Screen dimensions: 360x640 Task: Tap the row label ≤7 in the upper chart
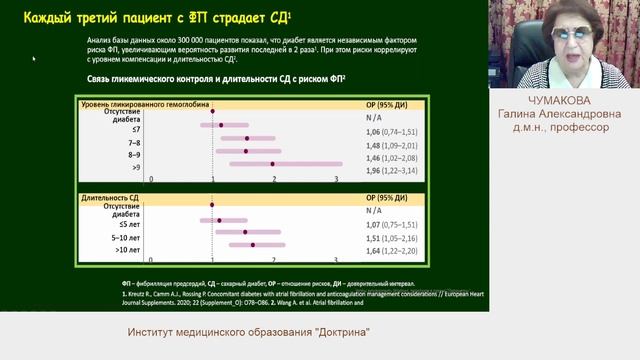pyautogui.click(x=136, y=129)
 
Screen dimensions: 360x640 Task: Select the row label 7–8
pyautogui.click(x=134, y=142)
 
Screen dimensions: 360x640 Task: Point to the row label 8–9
pyautogui.click(x=134, y=155)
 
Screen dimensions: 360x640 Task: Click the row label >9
pyautogui.click(x=136, y=168)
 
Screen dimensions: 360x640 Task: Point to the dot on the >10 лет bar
pyautogui.click(x=253, y=244)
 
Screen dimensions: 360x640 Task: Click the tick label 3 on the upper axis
pyautogui.click(x=337, y=180)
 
